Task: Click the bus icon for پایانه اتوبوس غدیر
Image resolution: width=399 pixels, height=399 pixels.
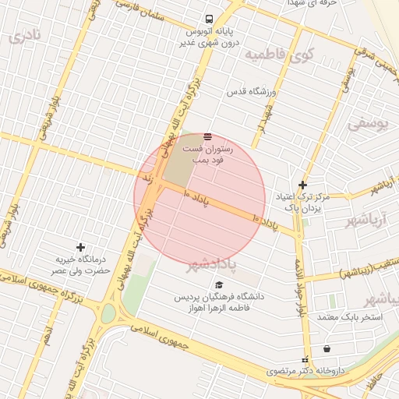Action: tap(209, 19)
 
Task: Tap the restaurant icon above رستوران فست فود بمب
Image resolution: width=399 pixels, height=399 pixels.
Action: tap(207, 136)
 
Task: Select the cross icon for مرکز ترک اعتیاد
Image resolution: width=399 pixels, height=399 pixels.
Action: tap(303, 185)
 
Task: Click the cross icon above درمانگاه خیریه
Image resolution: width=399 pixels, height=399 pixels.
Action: tap(81, 247)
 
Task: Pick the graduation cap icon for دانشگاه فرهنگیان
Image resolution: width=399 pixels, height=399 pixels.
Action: tap(219, 285)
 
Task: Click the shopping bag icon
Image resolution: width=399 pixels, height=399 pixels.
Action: tap(326, 348)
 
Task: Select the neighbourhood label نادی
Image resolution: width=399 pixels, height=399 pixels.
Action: tap(24, 36)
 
